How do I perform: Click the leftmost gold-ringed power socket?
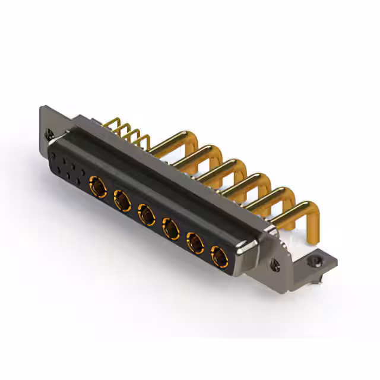pos(98,185)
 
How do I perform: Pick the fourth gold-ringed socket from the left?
pos(171,228)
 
